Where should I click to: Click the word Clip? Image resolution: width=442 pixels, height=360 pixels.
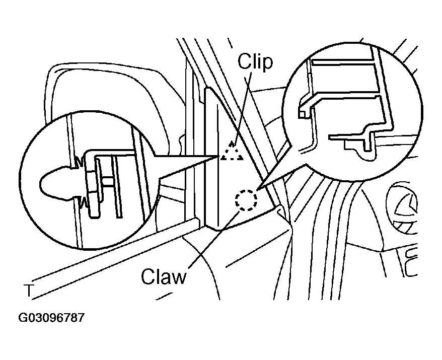(x=255, y=62)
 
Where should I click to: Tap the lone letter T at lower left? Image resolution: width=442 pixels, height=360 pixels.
(x=29, y=291)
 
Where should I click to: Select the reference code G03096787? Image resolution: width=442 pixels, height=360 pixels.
(x=51, y=318)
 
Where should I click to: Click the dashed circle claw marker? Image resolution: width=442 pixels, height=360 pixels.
(x=246, y=200)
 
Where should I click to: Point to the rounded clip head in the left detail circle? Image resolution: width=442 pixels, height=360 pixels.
(x=54, y=183)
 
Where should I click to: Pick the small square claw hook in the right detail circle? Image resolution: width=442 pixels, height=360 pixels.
(x=302, y=114)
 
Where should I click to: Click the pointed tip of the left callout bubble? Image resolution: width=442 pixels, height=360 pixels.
(x=219, y=156)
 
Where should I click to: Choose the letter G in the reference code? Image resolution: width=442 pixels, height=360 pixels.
(x=22, y=318)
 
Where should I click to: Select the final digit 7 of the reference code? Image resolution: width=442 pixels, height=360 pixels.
(x=81, y=318)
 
